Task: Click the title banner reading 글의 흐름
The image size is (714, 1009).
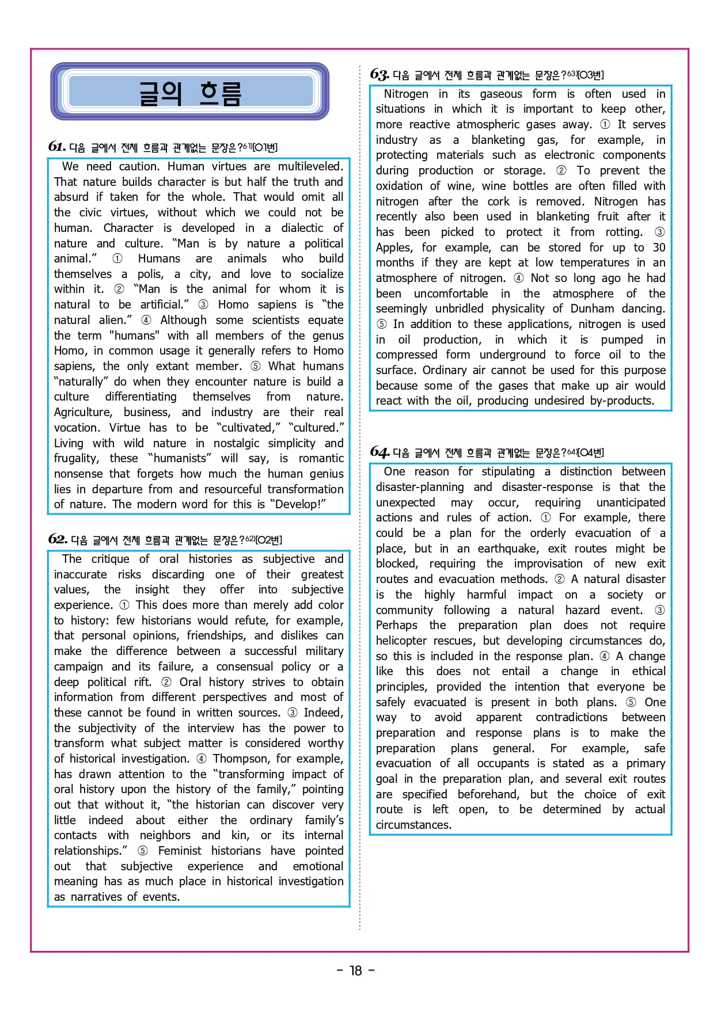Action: [x=189, y=92]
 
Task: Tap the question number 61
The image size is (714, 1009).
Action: [x=56, y=146]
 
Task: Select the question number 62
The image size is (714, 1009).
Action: [x=58, y=539]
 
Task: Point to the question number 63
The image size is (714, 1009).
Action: [x=379, y=74]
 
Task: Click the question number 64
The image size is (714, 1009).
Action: [x=379, y=451]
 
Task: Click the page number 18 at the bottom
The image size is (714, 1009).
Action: [x=356, y=970]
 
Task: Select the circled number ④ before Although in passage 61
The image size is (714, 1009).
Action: [x=146, y=320]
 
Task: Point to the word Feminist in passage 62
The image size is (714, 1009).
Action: [x=180, y=851]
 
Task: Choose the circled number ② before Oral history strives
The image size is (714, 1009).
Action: [x=166, y=682]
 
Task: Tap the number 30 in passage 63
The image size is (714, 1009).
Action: [x=659, y=248]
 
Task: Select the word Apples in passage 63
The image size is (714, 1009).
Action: [x=394, y=248]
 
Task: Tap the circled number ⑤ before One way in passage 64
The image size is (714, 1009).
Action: [x=631, y=702]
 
